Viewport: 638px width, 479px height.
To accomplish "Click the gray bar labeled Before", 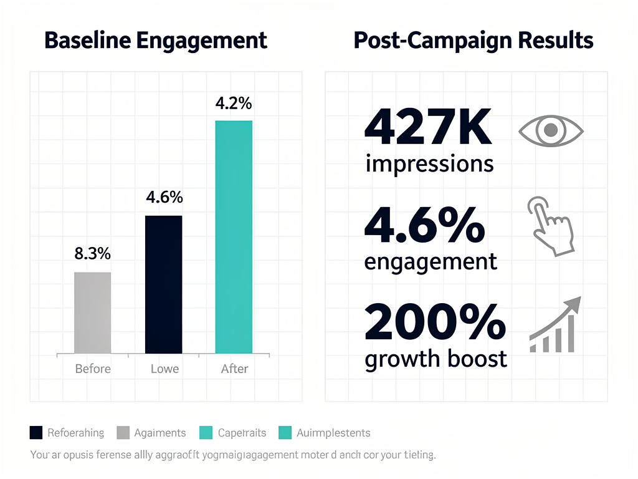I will (x=92, y=312).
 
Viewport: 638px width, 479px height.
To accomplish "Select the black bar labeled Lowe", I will (x=163, y=284).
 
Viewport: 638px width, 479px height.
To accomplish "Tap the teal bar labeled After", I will (x=234, y=237).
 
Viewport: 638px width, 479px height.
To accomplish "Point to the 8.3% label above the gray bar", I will (x=92, y=254).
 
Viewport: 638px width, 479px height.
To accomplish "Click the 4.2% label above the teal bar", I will (x=234, y=104).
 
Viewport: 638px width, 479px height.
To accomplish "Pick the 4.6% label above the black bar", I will (x=164, y=198).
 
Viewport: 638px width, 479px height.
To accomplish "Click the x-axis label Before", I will (x=92, y=369).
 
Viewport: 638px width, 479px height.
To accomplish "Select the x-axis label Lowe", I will (x=164, y=369).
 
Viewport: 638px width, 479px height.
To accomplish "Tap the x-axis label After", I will (x=234, y=369).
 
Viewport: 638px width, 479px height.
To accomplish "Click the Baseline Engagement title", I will (x=156, y=41).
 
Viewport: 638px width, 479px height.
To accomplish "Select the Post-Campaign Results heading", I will (x=473, y=41).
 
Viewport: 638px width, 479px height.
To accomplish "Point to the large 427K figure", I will (x=428, y=127).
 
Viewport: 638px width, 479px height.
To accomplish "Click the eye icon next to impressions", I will (x=551, y=130).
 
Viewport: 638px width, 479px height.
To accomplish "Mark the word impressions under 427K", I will (x=429, y=164).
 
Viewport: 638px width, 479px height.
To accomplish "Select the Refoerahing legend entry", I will (x=67, y=433).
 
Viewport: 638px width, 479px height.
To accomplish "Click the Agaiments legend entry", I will (x=151, y=433).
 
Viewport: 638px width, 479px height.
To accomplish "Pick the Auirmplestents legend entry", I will (x=325, y=433).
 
